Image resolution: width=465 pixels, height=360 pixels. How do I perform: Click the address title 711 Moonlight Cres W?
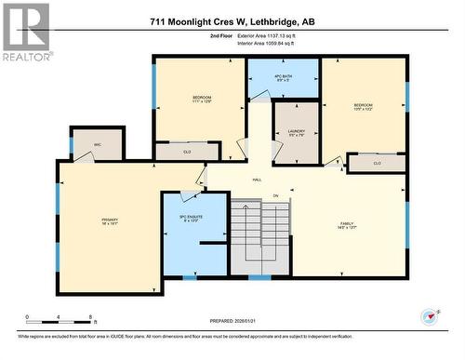click(232, 20)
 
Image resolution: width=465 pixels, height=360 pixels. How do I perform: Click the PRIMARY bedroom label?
click(110, 221)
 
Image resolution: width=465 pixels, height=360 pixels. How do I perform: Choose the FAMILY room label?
click(347, 224)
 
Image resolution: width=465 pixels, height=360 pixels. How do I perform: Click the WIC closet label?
click(98, 144)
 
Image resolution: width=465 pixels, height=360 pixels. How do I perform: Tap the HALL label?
click(256, 179)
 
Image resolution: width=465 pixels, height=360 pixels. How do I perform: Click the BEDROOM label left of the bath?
click(202, 100)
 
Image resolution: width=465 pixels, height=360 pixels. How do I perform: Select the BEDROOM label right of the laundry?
click(363, 107)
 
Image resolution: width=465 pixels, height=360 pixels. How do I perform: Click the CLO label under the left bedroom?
click(187, 151)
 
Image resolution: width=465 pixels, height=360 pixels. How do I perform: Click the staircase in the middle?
click(260, 238)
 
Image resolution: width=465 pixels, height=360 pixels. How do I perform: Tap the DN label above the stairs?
click(275, 195)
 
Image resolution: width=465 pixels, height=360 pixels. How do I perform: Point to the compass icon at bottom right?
click(430, 315)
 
